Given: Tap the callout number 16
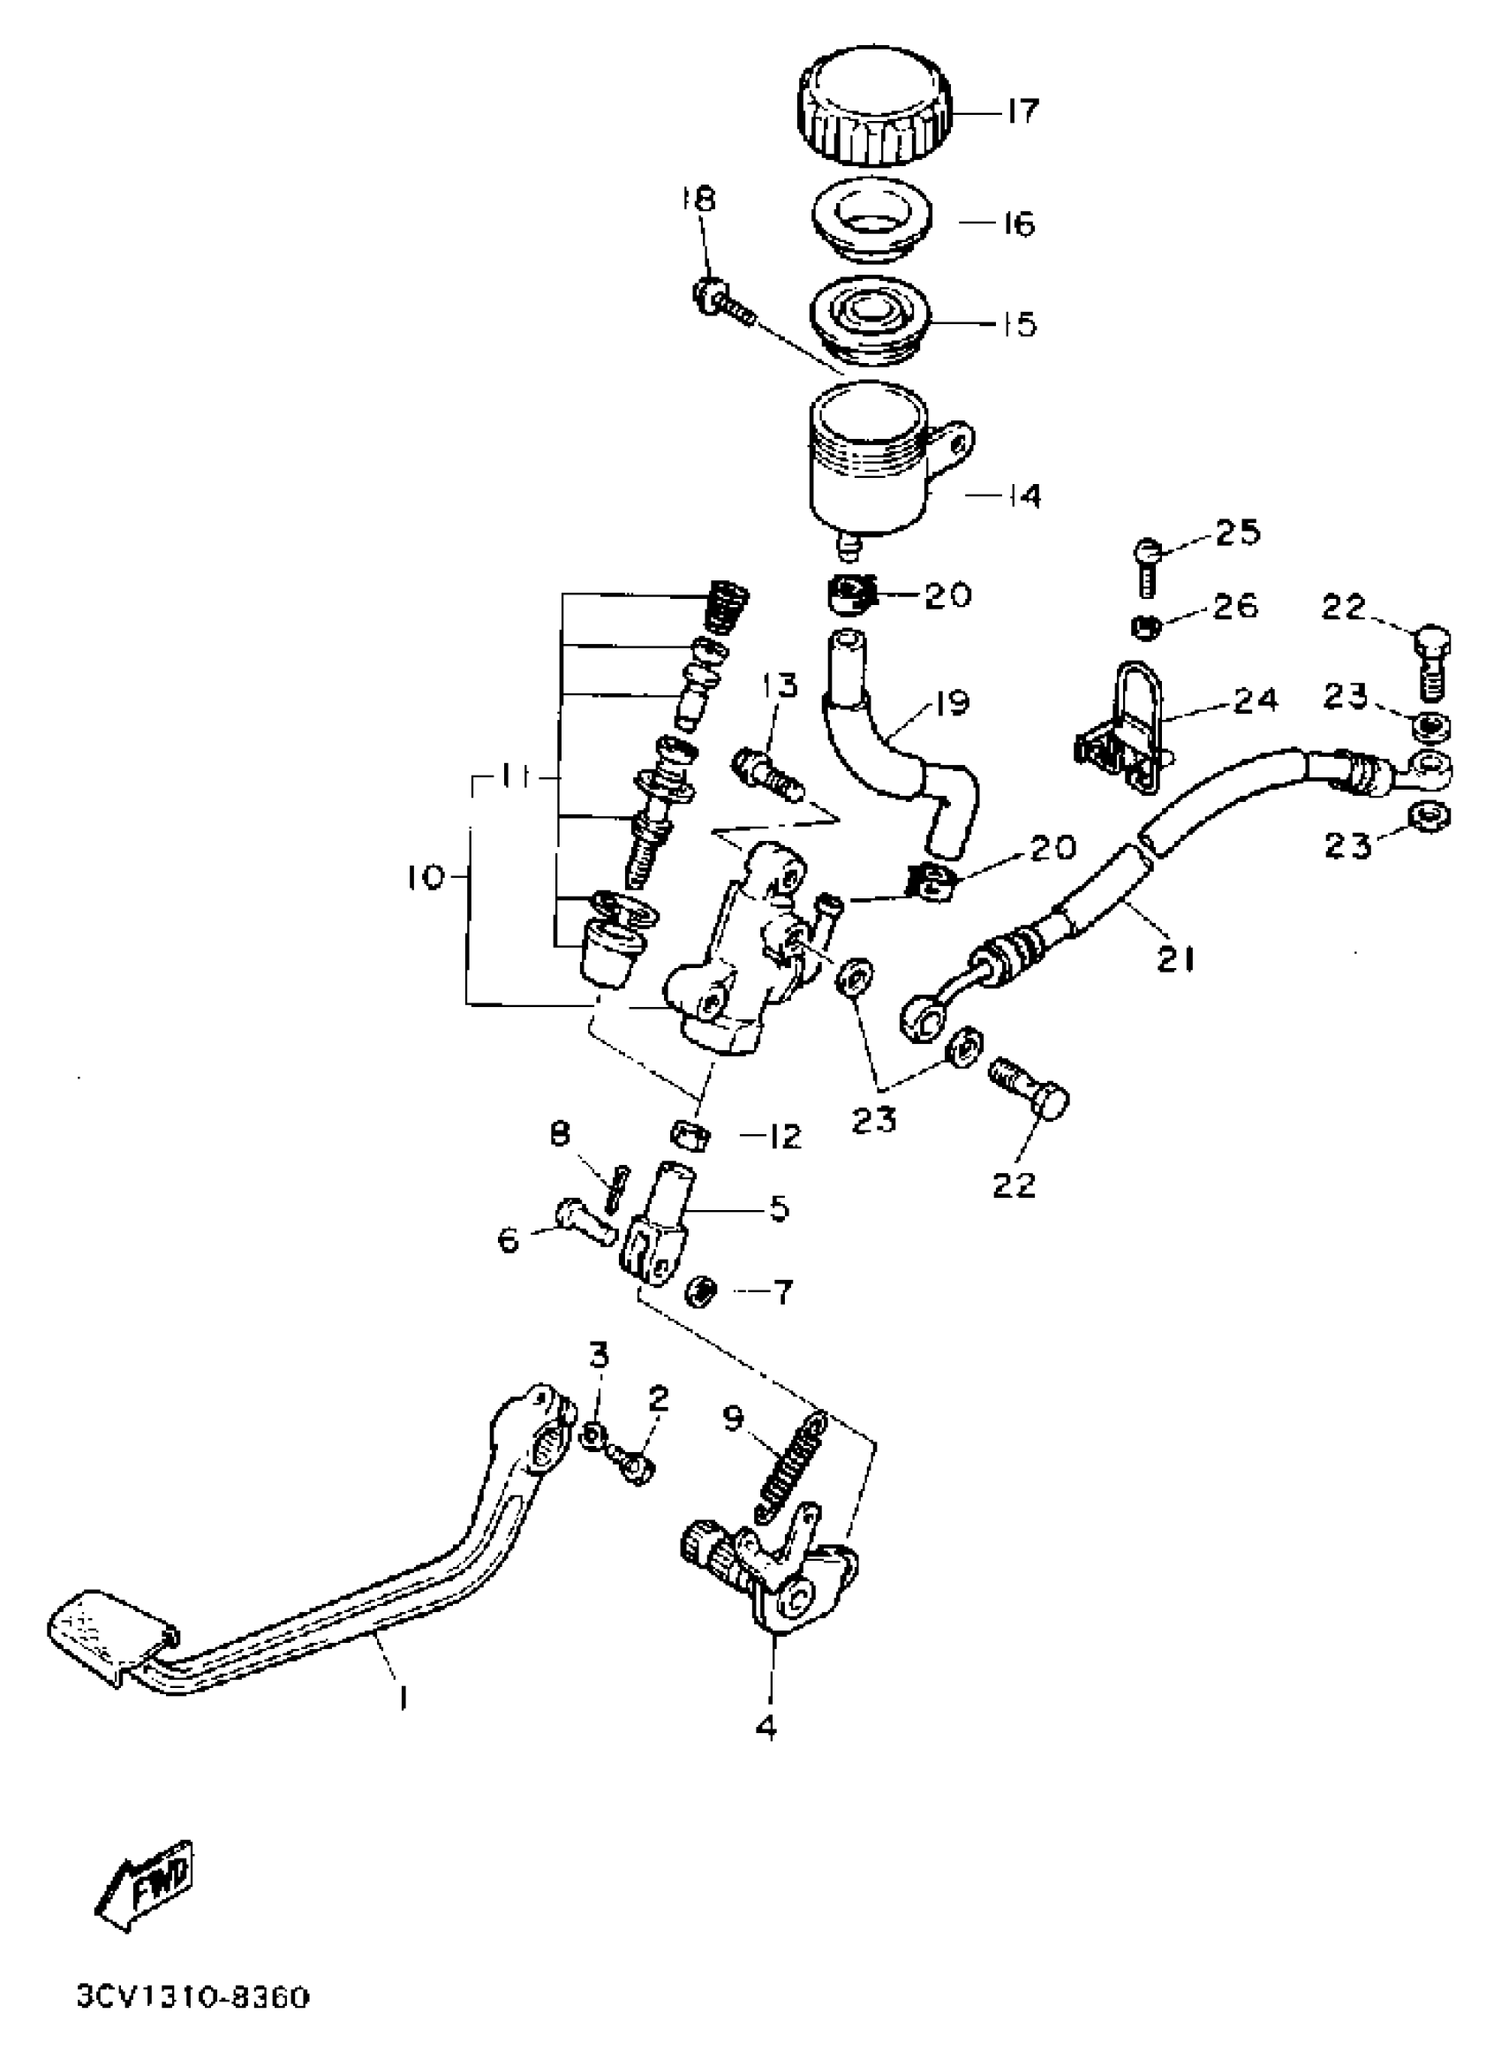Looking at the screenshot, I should pos(1021,223).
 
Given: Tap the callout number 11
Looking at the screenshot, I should pos(519,778).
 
